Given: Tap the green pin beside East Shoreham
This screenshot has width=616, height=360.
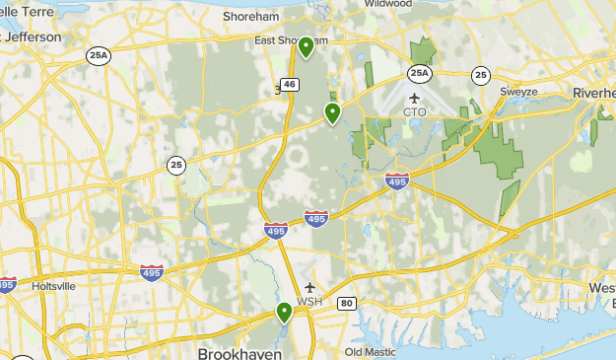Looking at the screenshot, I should [307, 46].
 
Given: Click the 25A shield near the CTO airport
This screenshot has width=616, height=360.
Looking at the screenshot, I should [420, 73].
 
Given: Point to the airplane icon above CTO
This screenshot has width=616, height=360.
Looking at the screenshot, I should [414, 98].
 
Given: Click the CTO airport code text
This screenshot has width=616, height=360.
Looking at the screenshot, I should [415, 112].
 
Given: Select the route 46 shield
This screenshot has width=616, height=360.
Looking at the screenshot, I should [289, 85].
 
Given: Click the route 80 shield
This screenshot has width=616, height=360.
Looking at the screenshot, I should [346, 303].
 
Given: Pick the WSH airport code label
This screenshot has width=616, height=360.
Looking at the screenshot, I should [309, 302].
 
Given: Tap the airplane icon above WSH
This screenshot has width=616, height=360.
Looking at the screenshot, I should [309, 287].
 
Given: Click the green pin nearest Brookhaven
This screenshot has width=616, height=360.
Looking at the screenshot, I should [284, 313].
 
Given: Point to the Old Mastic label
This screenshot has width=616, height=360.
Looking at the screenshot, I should [370, 352].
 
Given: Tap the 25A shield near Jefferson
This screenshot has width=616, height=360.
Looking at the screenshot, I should [99, 55].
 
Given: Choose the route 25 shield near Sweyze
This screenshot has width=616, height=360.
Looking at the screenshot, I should [480, 74].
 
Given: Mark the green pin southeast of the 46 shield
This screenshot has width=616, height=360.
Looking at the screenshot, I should [333, 113].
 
